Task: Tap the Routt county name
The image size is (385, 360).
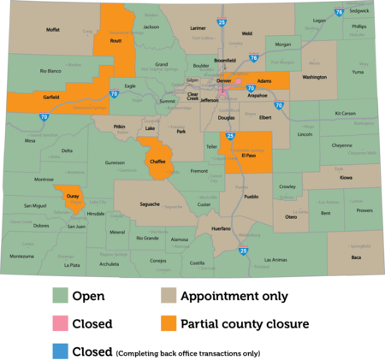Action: [115, 40]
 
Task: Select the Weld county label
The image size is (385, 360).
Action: [246, 33]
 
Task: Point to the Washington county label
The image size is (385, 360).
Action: [314, 77]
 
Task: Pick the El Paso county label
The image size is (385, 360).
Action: [250, 156]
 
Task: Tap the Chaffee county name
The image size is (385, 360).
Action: [157, 161]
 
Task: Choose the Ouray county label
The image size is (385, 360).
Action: [72, 197]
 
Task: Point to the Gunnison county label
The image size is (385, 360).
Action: [115, 162]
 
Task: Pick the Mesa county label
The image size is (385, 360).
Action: [31, 140]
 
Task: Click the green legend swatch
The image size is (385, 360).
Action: [60, 296]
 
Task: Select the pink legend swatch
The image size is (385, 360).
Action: [60, 323]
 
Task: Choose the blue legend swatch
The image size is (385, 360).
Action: [60, 350]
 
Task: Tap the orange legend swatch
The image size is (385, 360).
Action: [169, 323]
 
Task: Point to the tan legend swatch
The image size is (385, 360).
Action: [169, 296]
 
